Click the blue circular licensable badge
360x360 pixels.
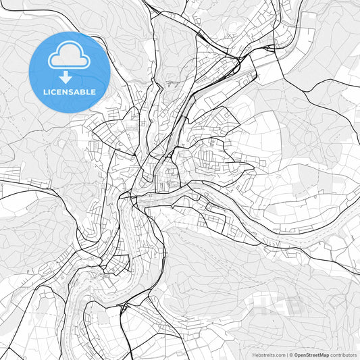[70, 72]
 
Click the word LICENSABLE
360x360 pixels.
[70, 92]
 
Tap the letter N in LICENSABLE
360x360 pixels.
[66, 92]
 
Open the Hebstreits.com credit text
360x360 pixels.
[269, 355]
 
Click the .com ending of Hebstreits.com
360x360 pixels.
[280, 355]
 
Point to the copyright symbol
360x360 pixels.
[292, 355]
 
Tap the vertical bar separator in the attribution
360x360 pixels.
[288, 355]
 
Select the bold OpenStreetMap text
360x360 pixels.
[312, 355]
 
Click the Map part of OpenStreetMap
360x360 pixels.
[324, 355]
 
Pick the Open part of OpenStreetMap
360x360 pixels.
[301, 355]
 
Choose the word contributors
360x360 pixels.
[344, 355]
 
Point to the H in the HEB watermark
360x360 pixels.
[260, 305]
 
